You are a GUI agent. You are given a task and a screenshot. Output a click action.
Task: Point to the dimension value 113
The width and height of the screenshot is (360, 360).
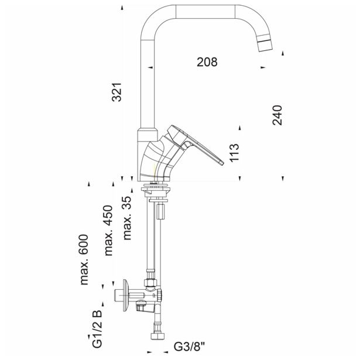point(234,153)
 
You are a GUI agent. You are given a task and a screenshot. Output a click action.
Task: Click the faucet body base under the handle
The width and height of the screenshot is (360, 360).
point(153,164)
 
